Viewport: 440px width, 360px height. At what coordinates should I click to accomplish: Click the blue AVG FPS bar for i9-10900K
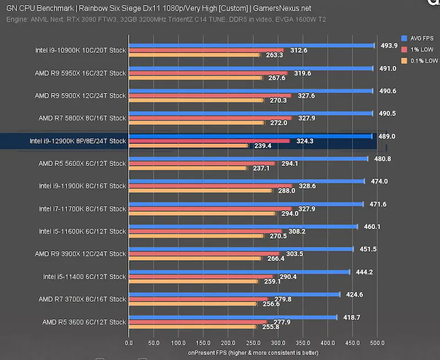[251, 46]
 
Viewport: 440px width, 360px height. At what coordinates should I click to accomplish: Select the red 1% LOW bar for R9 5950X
[207, 73]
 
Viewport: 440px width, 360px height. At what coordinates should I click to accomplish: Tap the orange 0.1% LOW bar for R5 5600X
[188, 168]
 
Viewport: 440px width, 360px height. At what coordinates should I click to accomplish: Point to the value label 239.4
[263, 146]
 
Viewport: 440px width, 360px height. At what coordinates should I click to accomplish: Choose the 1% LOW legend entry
[420, 49]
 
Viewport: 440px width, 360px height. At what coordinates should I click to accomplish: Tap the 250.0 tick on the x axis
[253, 343]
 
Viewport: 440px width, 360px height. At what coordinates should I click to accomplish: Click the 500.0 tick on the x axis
[377, 343]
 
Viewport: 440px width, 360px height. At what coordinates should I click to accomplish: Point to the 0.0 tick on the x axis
[129, 343]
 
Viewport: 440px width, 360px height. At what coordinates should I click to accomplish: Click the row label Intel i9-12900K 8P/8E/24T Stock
[78, 141]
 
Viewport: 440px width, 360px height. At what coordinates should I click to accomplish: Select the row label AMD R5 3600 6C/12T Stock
[84, 322]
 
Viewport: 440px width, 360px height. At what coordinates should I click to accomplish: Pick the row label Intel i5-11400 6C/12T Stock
[85, 277]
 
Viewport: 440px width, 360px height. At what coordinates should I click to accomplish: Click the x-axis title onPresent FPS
[253, 352]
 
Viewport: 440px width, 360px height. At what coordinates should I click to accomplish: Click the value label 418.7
[353, 318]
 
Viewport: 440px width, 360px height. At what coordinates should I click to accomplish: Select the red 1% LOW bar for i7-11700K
[210, 209]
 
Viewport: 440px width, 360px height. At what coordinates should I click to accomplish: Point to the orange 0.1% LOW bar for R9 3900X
[195, 258]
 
